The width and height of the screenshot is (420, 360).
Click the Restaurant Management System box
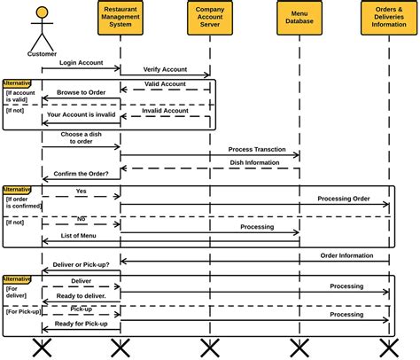click(x=120, y=19)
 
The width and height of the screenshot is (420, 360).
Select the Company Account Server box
click(x=209, y=19)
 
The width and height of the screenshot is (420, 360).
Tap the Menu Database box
click(x=299, y=19)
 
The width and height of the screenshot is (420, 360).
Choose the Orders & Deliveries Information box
click(x=389, y=19)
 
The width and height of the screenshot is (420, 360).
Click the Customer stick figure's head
click(x=41, y=13)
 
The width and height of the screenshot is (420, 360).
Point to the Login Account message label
click(x=82, y=63)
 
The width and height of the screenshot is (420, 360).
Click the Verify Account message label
click(x=165, y=69)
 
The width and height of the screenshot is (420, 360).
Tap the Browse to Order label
click(x=81, y=92)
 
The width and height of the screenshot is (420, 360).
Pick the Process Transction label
click(x=257, y=149)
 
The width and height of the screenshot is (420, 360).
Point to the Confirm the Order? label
click(x=82, y=174)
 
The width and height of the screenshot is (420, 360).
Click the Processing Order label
click(x=343, y=199)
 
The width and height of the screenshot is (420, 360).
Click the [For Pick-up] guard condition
click(x=23, y=311)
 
